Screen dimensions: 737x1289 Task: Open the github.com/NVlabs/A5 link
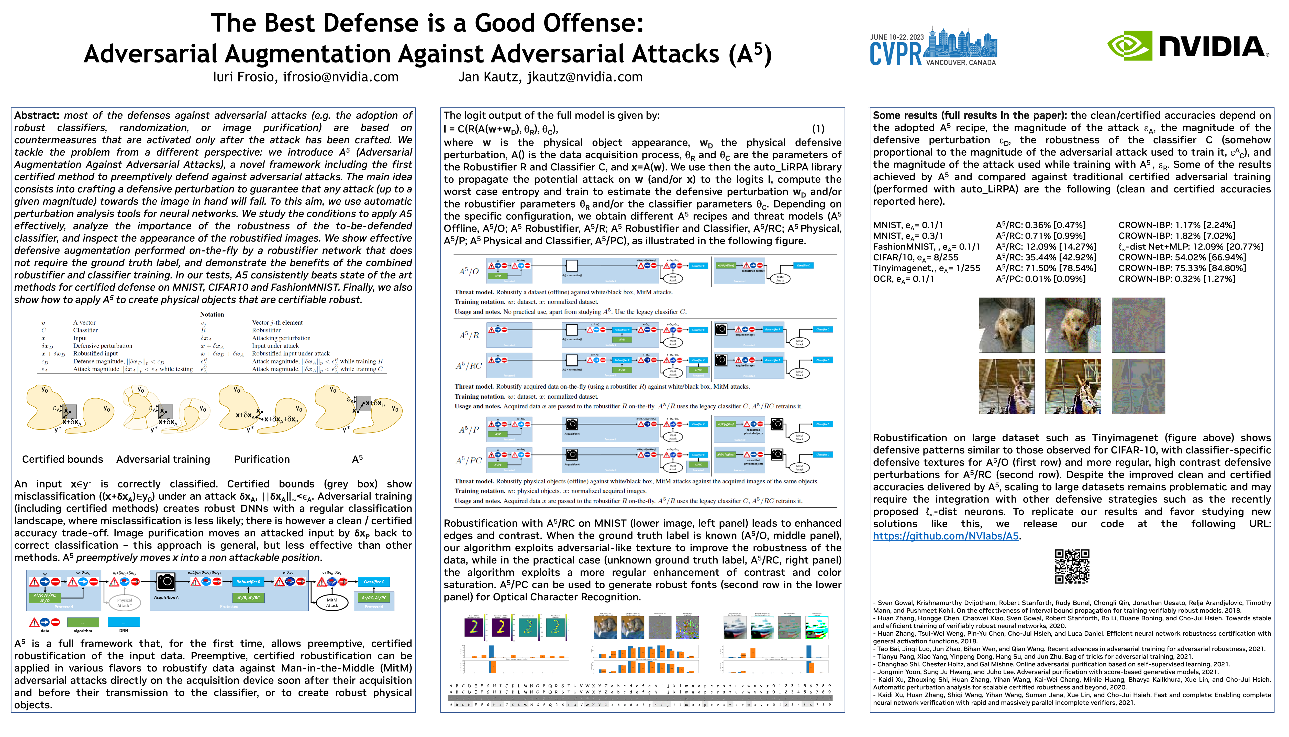pyautogui.click(x=946, y=536)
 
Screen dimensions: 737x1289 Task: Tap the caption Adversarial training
pyautogui.click(x=163, y=459)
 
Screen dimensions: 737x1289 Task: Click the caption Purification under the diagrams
pyautogui.click(x=262, y=459)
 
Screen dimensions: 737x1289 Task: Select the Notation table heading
pyautogui.click(x=212, y=314)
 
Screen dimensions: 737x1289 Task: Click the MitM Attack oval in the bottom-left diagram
pyautogui.click(x=332, y=602)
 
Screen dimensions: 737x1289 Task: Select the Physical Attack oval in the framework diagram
pyautogui.click(x=125, y=602)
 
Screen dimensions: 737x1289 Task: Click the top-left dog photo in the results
pyautogui.click(x=1006, y=325)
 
